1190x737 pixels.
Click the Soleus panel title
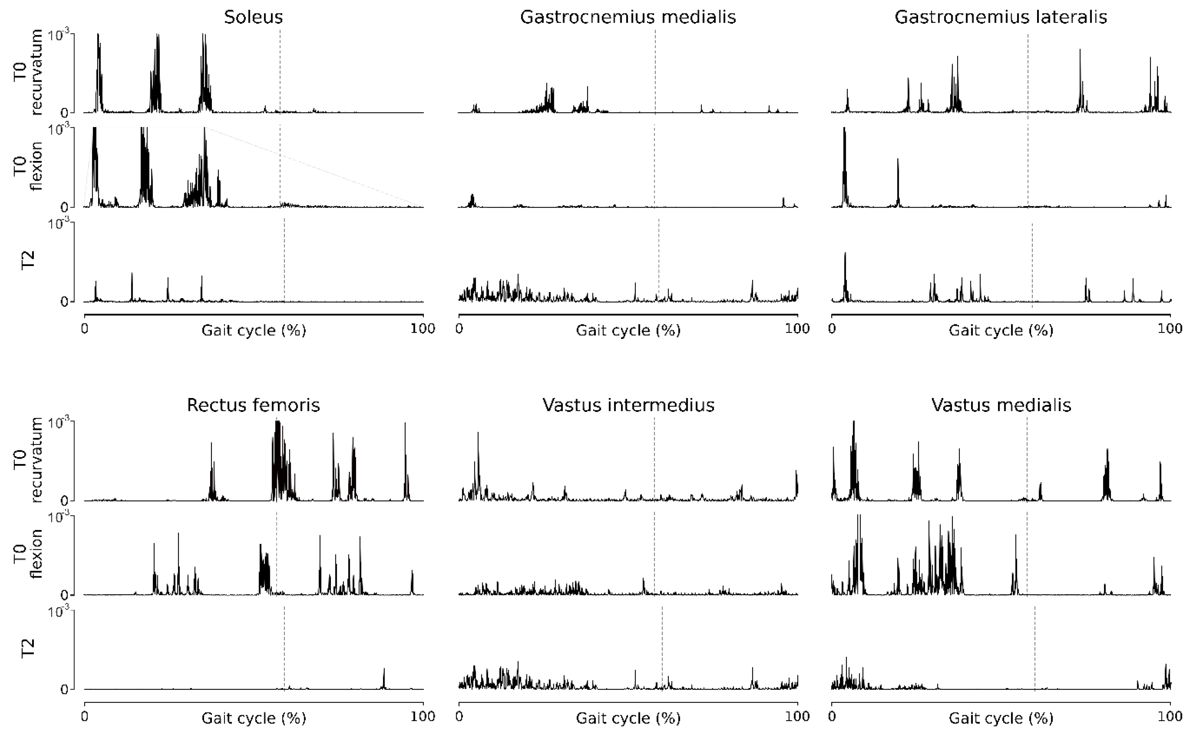253,17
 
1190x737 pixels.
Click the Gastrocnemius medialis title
628,17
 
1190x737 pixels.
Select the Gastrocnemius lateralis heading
1000,17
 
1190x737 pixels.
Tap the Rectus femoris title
253,405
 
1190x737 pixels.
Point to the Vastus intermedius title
628,405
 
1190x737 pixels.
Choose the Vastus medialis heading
1001,405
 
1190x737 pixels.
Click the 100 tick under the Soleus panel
422,329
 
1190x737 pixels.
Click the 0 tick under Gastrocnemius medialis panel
459,329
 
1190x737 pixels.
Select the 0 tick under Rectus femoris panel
85,716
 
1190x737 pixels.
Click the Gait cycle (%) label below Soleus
253,331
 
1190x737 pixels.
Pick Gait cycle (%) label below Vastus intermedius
628,718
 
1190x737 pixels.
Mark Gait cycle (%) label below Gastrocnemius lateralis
1000,331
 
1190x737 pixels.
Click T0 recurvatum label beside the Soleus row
28,72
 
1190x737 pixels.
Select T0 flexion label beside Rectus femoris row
28,554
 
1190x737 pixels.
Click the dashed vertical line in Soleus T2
284,258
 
